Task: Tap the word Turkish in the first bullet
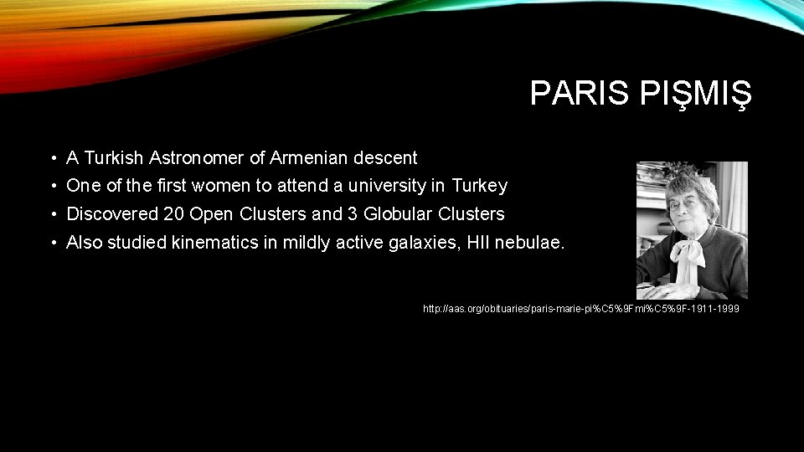[x=113, y=157]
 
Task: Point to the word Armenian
[x=310, y=157]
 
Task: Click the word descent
[x=385, y=157]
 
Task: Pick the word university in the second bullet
[x=386, y=185]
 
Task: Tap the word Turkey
[x=479, y=185]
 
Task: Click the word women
[x=231, y=185]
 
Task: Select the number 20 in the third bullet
[x=174, y=213]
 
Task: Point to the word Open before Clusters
[x=209, y=213]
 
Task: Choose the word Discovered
[x=112, y=213]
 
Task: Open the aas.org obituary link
[x=581, y=309]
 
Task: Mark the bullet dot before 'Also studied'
[x=53, y=243]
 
